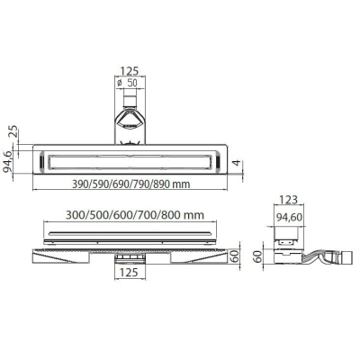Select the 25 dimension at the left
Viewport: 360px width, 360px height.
(12, 132)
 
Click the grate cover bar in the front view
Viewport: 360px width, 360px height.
(135, 233)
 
